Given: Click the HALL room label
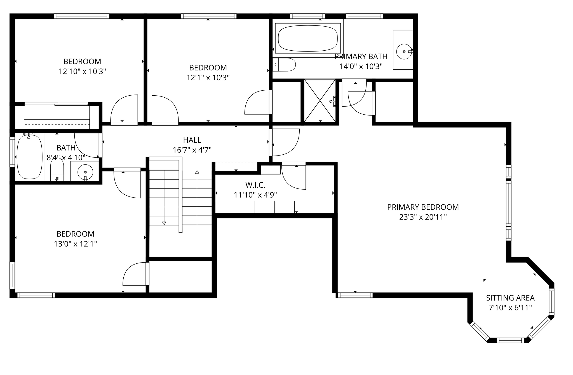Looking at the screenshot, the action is [x=192, y=140].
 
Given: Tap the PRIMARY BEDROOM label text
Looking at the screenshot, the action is [x=423, y=207].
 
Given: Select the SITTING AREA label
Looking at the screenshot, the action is [x=510, y=298].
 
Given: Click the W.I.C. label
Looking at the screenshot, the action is [x=255, y=185].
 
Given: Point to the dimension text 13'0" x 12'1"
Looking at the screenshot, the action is [x=75, y=244].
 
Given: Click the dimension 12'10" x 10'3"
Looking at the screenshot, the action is [x=82, y=72].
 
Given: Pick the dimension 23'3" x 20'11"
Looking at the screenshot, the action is [x=423, y=217].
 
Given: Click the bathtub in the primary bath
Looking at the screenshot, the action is [x=308, y=38].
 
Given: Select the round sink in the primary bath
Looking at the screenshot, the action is [x=404, y=52].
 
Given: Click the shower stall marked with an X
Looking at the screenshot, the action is [x=320, y=101].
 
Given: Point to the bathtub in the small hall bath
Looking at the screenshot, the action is [x=30, y=157].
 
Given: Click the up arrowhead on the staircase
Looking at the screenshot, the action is [x=197, y=172].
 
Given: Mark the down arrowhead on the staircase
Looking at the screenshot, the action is [x=164, y=223].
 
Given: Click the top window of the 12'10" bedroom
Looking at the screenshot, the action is [x=81, y=16].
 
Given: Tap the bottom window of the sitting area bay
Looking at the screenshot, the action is [x=510, y=340].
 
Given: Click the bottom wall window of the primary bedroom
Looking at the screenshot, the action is [x=355, y=295].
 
